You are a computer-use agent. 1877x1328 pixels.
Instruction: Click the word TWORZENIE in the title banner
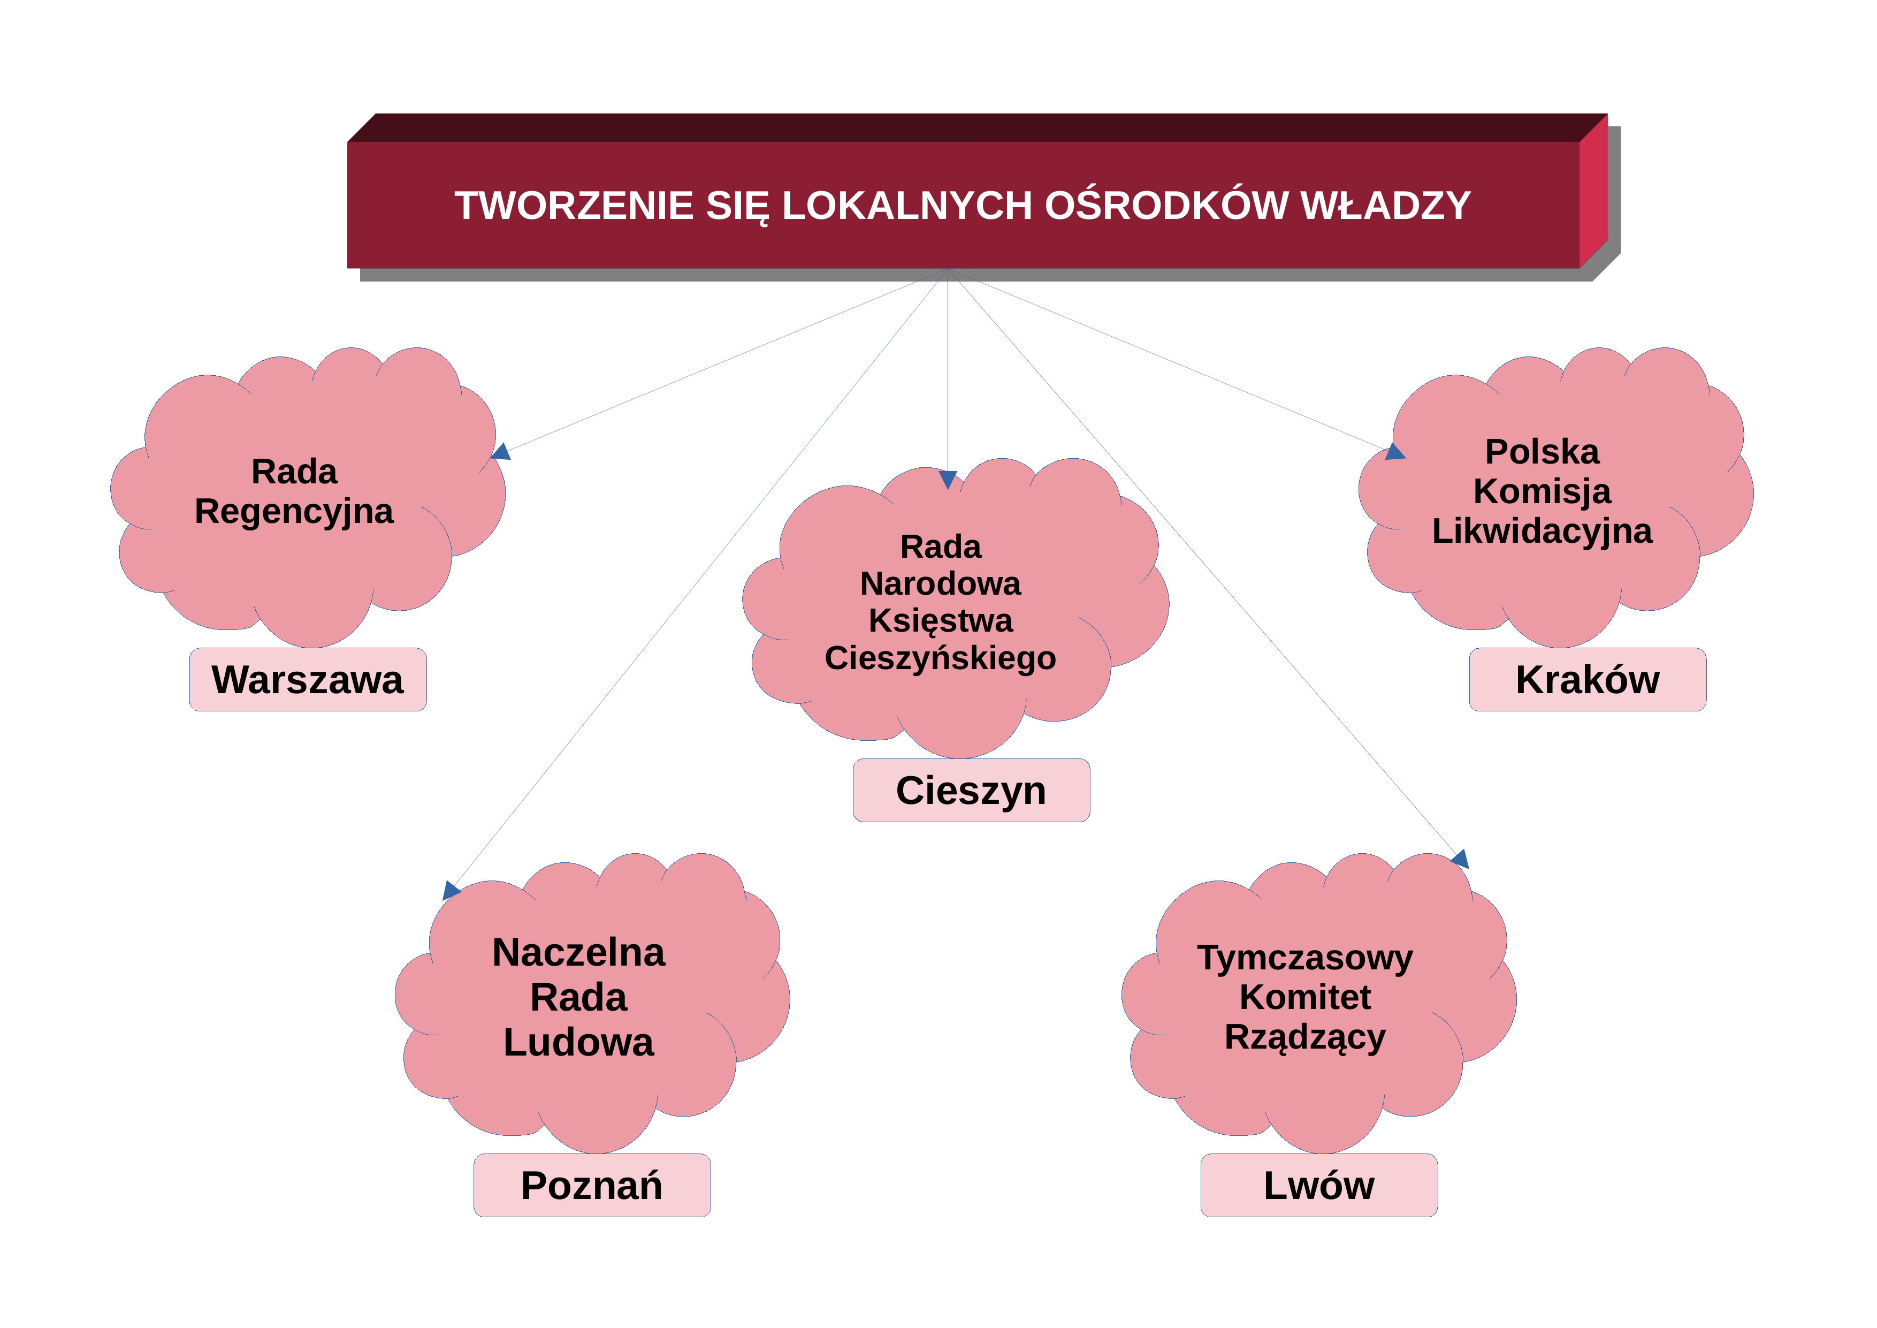pos(574,205)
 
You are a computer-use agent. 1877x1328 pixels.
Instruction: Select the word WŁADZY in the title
pos(1386,205)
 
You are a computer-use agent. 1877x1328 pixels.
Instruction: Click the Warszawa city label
pos(307,680)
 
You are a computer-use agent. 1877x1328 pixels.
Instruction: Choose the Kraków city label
pos(1588,680)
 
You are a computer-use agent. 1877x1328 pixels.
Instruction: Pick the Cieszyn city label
pos(971,791)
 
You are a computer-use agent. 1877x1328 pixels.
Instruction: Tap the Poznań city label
pos(592,1185)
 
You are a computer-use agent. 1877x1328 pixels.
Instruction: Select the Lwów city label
pos(1318,1185)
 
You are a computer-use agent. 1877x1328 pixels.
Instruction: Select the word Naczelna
pos(579,953)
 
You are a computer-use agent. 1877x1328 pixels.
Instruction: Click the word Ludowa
pos(579,1043)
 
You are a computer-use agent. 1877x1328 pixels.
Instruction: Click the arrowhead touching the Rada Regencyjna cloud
pos(501,452)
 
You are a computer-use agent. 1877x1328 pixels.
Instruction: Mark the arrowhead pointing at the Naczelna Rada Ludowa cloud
pos(451,890)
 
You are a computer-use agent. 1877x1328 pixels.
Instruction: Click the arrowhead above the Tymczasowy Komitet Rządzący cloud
pos(1461,859)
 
